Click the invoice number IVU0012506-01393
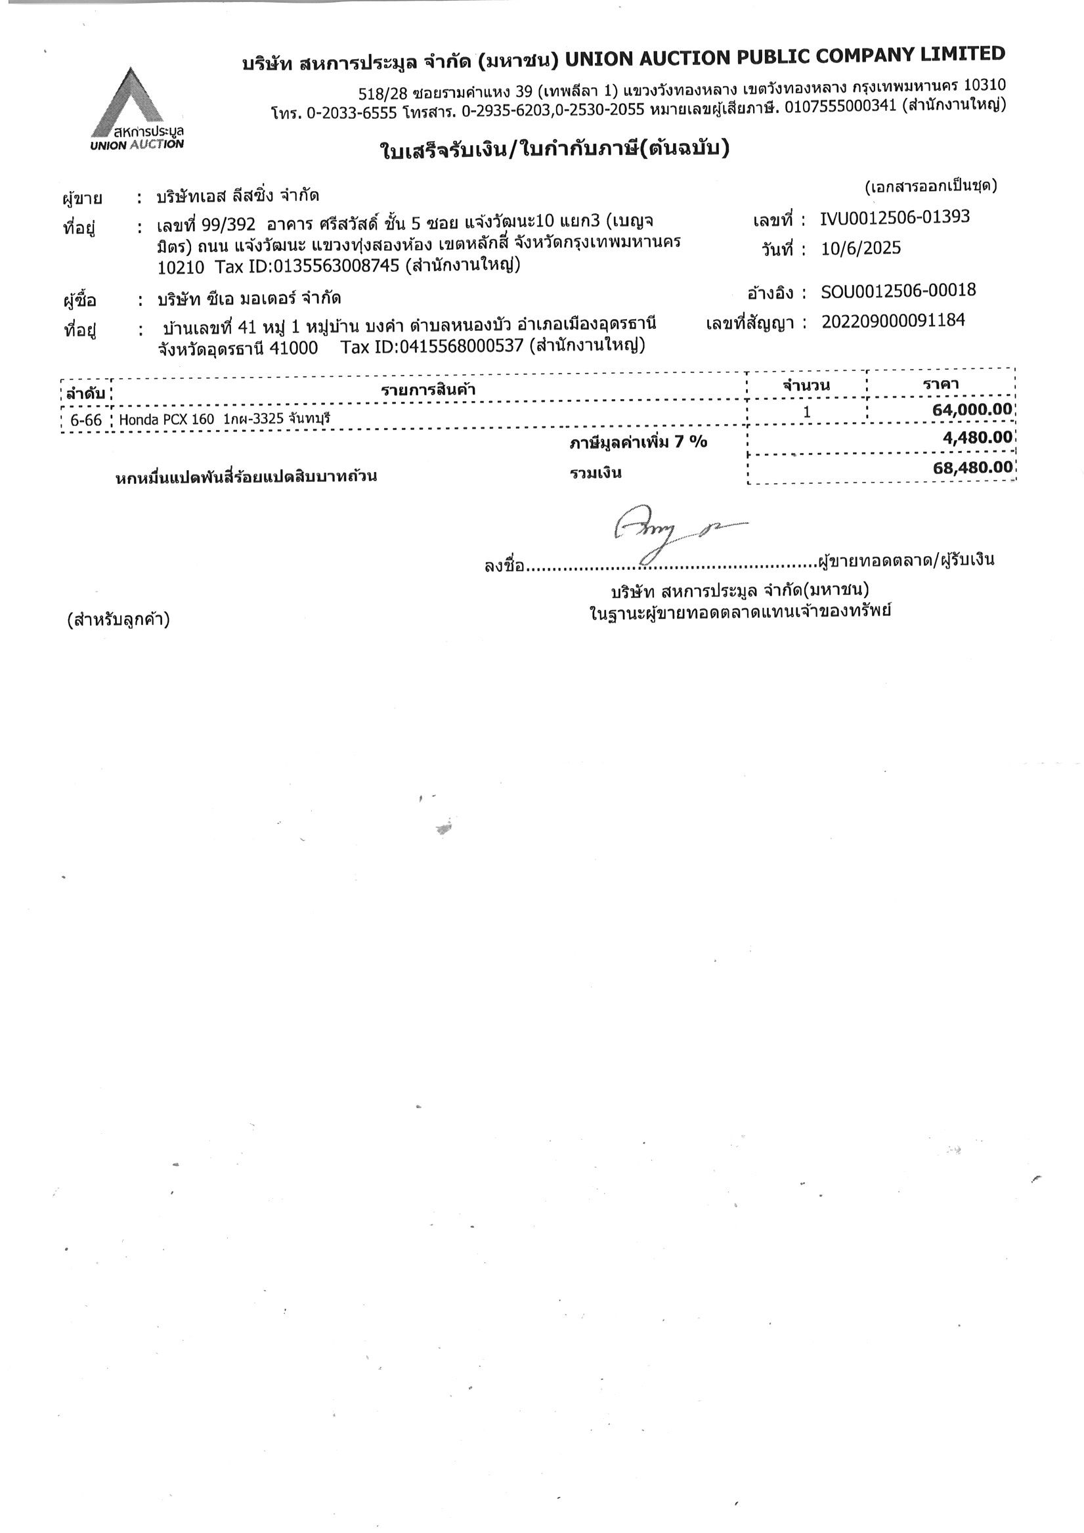(894, 217)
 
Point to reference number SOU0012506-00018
(898, 290)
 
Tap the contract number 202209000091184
(892, 321)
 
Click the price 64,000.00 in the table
(972, 409)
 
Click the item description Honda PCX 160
(166, 420)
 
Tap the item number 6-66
(86, 420)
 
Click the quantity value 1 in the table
(806, 412)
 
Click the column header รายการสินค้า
(428, 389)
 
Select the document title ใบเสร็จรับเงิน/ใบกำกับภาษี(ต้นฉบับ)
(554, 150)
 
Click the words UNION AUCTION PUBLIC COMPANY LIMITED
(784, 58)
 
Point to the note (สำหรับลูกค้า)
(118, 620)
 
